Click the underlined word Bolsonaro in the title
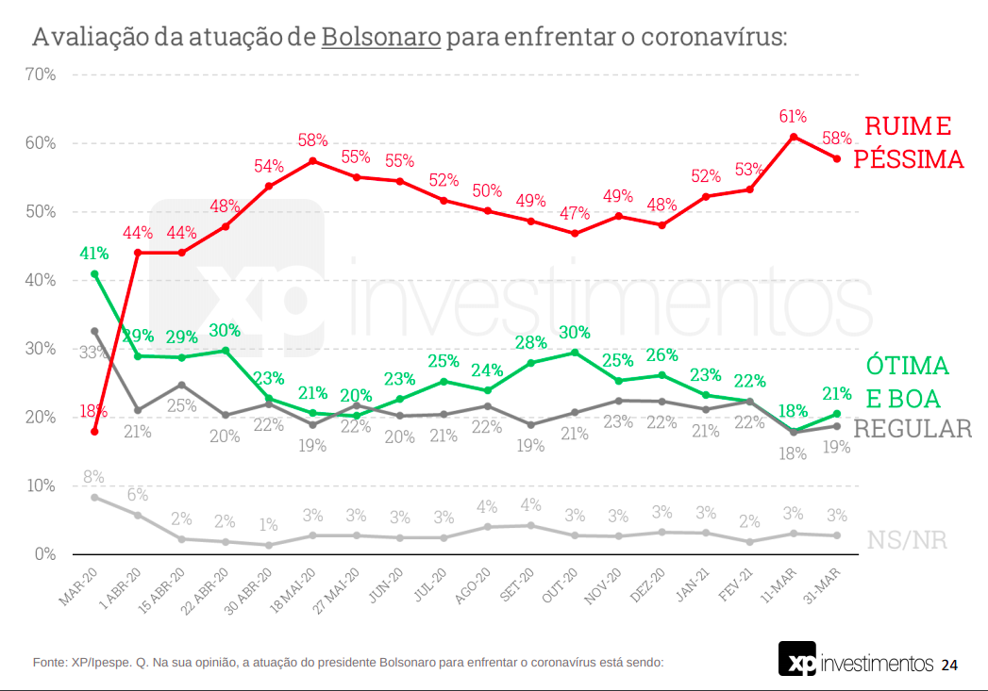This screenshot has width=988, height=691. coord(381,38)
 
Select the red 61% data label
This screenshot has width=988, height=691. coord(793,116)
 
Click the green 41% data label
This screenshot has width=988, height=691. coord(94,253)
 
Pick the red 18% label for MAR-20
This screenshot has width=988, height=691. coord(93,412)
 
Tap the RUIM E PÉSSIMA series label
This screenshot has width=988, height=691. coord(908,142)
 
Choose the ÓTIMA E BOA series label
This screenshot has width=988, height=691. coord(908,381)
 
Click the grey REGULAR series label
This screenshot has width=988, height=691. coord(913,429)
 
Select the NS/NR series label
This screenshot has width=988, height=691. coord(907,540)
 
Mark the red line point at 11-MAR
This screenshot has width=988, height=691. coord(794,137)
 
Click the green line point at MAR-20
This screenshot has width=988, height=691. coord(94,273)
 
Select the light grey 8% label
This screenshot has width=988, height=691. coord(93,477)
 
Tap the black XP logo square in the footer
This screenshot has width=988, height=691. coord(797,659)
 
